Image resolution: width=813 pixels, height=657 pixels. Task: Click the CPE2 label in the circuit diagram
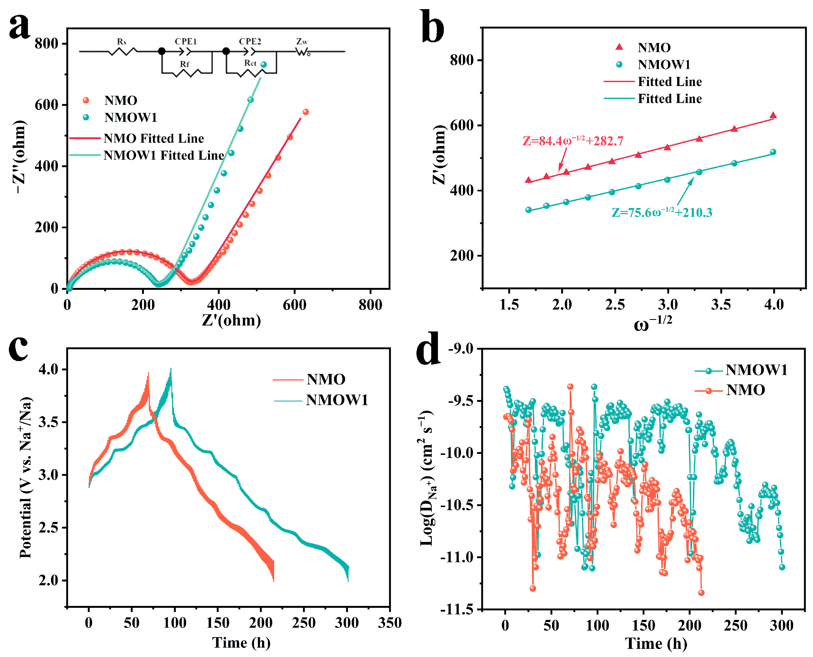[x=250, y=41]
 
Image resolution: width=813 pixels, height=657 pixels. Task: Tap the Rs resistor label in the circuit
[x=121, y=42]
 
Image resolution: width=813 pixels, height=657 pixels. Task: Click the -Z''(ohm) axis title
[x=19, y=157]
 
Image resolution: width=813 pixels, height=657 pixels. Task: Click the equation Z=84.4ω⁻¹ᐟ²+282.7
[x=573, y=141]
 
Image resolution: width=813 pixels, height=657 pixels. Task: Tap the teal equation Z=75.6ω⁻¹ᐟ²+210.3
[x=662, y=213]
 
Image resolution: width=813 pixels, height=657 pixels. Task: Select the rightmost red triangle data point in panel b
[x=773, y=115]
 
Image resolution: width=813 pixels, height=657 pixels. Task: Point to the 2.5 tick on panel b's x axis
[x=615, y=304]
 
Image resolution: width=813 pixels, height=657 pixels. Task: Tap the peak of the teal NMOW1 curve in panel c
[x=171, y=369]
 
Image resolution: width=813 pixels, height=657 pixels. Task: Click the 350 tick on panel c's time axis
[x=389, y=623]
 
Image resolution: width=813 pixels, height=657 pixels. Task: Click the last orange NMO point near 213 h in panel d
[x=701, y=593]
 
